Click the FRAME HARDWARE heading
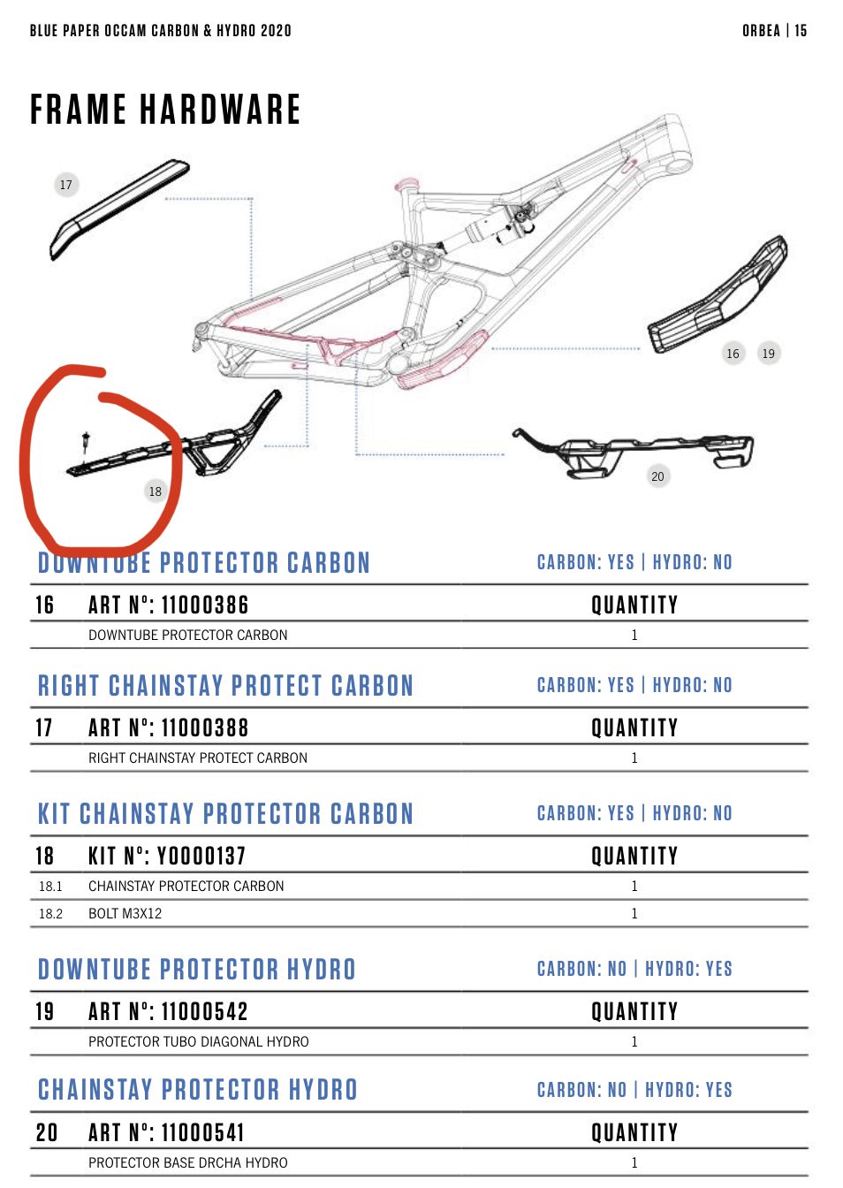tap(165, 110)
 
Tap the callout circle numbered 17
tap(66, 185)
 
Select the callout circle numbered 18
tap(156, 491)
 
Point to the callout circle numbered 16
tap(733, 354)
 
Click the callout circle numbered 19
tap(769, 354)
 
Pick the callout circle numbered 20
tap(658, 476)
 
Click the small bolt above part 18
tap(86, 441)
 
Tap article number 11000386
tap(205, 605)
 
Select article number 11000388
tap(205, 727)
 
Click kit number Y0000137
tap(201, 856)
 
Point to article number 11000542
tap(205, 1011)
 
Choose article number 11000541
tap(203, 1133)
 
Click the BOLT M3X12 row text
tap(125, 913)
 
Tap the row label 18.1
tap(51, 887)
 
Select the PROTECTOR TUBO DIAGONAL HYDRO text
tap(198, 1041)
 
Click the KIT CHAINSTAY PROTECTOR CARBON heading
tap(225, 813)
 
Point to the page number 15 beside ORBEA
tap(801, 31)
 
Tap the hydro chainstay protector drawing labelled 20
tap(633, 453)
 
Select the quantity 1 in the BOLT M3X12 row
tap(634, 913)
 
